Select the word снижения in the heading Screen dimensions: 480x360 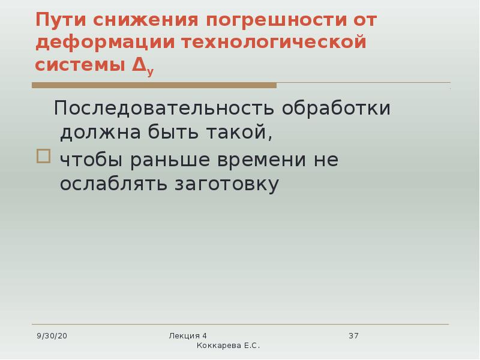[146, 20]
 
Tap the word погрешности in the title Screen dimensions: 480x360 [277, 21]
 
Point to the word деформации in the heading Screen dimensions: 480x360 [105, 43]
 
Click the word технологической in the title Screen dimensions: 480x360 [274, 42]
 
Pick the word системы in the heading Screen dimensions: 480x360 [80, 65]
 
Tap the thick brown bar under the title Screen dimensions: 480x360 [154, 85]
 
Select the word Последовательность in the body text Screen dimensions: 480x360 [164, 108]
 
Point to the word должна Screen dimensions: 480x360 [100, 133]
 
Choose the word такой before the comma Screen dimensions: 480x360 [236, 131]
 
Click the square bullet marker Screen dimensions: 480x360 [43, 156]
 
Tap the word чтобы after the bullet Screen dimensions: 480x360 [91, 160]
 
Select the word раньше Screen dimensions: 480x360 [170, 160]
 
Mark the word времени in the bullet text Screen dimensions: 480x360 [262, 160]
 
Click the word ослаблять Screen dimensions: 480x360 [113, 184]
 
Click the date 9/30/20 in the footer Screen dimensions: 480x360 [52, 336]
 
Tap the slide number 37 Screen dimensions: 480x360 [353, 336]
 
